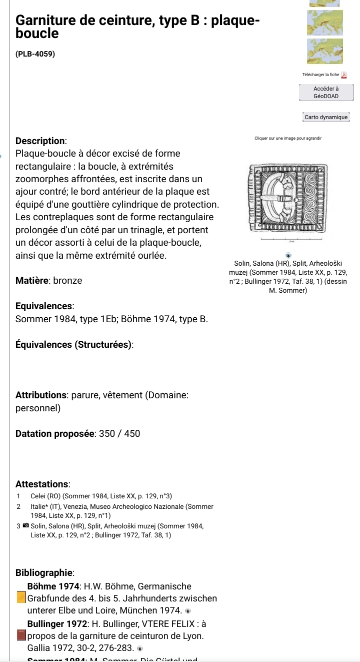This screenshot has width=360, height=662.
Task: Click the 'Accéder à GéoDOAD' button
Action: [326, 92]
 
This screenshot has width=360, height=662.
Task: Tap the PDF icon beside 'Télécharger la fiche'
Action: [343, 75]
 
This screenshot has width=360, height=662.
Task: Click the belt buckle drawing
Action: [288, 199]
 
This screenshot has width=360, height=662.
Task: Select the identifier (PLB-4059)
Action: [35, 53]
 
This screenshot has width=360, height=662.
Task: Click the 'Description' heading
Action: [41, 141]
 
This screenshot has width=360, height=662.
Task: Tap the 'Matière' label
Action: [31, 281]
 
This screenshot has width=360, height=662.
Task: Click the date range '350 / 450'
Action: [120, 433]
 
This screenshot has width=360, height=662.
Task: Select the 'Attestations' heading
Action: [42, 484]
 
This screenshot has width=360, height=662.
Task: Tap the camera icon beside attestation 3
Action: [25, 526]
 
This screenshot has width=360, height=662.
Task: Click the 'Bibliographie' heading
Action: [45, 572]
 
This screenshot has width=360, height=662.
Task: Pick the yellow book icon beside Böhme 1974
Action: [21, 598]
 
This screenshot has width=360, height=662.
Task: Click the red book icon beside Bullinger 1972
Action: [21, 636]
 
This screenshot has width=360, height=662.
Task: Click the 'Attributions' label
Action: [41, 395]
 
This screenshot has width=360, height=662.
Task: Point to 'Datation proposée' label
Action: [55, 433]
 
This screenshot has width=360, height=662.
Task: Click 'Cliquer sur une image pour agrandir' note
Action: [287, 138]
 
